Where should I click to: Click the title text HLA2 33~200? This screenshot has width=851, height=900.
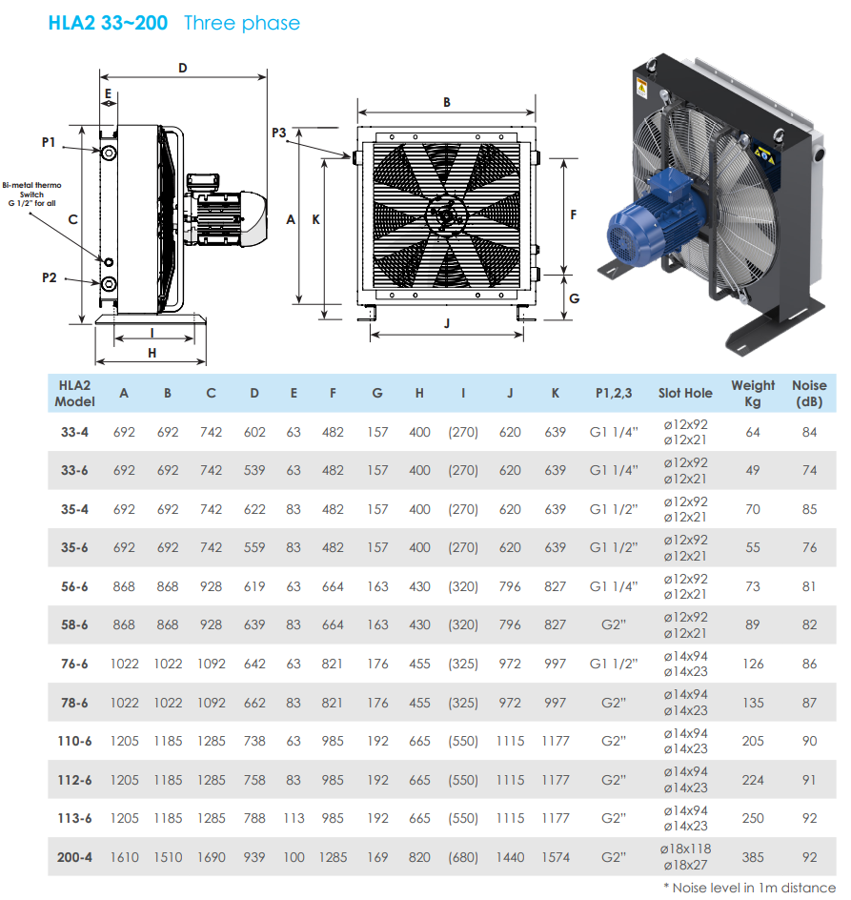(108, 23)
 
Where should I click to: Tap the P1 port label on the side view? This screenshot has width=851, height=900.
(49, 142)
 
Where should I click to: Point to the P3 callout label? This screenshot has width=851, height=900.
(279, 133)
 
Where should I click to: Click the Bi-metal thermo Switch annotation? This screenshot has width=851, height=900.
(31, 194)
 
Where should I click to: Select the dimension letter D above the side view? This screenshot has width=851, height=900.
(182, 68)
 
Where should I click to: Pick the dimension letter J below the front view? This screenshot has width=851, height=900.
(446, 323)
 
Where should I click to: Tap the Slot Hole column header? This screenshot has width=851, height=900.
(685, 393)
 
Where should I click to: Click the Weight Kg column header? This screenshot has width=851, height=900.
(753, 393)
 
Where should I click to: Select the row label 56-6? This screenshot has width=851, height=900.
(74, 586)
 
